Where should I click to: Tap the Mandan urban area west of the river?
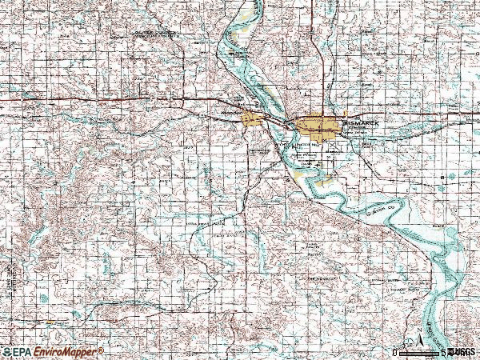point(251,119)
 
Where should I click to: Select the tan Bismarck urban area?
point(316,126)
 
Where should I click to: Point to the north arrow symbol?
point(421,336)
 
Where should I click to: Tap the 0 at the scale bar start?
point(395,352)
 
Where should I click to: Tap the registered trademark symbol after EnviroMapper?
point(101,350)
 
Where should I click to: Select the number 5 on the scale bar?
point(442,352)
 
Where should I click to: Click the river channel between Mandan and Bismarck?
point(276,124)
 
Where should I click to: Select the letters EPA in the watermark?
point(22,352)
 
